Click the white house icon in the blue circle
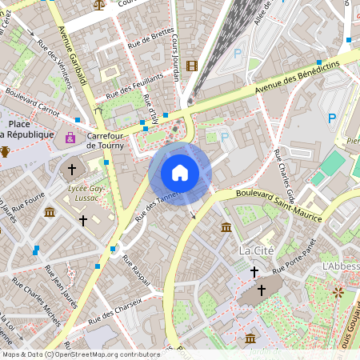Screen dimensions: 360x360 [180, 173]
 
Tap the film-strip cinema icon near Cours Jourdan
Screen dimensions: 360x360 [191, 66]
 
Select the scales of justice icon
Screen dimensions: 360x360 [99, 4]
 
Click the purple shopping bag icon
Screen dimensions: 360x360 [71, 138]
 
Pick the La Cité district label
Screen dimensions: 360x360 [257, 250]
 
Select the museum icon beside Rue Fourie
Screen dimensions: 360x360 [50, 212]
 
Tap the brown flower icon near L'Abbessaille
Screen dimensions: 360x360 [338, 292]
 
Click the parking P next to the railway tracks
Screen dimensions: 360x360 [237, 54]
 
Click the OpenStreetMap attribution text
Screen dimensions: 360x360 [80, 354]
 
